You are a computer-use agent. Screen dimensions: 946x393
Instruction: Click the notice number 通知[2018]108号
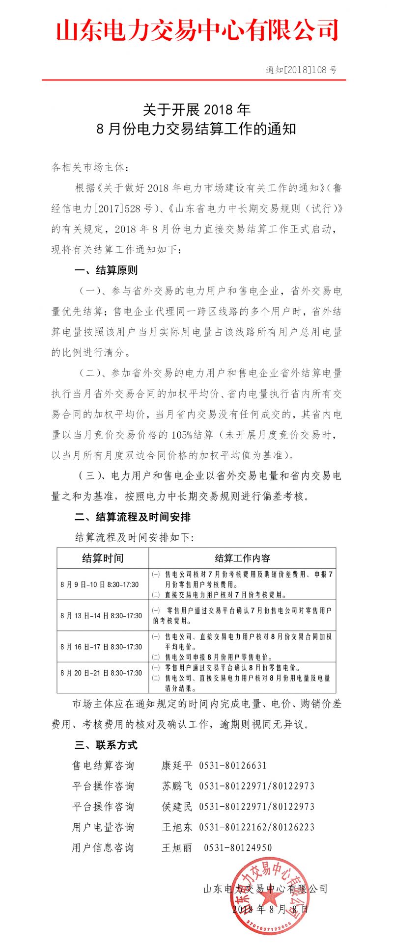click(302, 70)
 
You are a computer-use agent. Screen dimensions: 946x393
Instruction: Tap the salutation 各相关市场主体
click(91, 168)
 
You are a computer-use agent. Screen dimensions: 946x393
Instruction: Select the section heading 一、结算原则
click(106, 270)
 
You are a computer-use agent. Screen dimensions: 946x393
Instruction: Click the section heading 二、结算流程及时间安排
click(133, 517)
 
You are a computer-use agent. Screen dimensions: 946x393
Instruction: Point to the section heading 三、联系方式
click(106, 745)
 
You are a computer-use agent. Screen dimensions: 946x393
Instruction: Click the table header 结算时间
click(103, 558)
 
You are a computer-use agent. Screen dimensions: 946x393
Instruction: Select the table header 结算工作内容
click(242, 558)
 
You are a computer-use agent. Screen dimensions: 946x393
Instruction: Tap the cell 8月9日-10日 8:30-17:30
click(100, 584)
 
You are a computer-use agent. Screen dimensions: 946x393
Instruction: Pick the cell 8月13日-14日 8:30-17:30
click(101, 615)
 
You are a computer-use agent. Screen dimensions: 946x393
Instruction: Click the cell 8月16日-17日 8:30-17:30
click(101, 647)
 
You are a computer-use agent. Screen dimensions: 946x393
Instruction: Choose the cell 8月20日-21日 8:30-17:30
click(101, 673)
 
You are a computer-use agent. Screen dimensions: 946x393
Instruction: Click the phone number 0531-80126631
click(233, 765)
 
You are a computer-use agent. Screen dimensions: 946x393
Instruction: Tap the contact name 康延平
click(177, 765)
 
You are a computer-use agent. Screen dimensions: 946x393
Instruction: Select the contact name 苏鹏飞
click(177, 786)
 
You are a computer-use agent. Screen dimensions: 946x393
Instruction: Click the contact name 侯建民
click(177, 807)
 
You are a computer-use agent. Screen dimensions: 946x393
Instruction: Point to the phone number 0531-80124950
click(238, 848)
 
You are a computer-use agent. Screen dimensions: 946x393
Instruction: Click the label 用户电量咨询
click(103, 827)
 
